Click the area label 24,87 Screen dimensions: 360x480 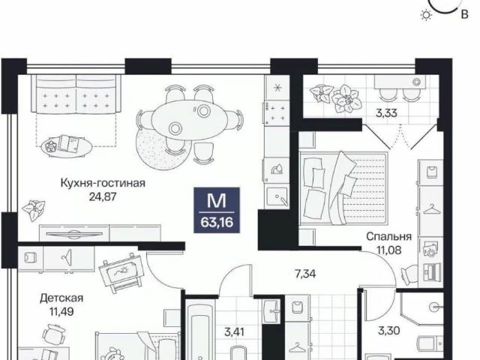pyautogui.click(x=102, y=198)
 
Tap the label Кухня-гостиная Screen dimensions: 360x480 pyautogui.click(x=102, y=183)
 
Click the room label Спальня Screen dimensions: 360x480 pyautogui.click(x=387, y=235)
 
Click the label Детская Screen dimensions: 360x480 pyautogui.click(x=61, y=297)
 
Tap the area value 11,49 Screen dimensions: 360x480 pyautogui.click(x=61, y=312)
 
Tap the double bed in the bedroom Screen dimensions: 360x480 pyautogui.click(x=343, y=187)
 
